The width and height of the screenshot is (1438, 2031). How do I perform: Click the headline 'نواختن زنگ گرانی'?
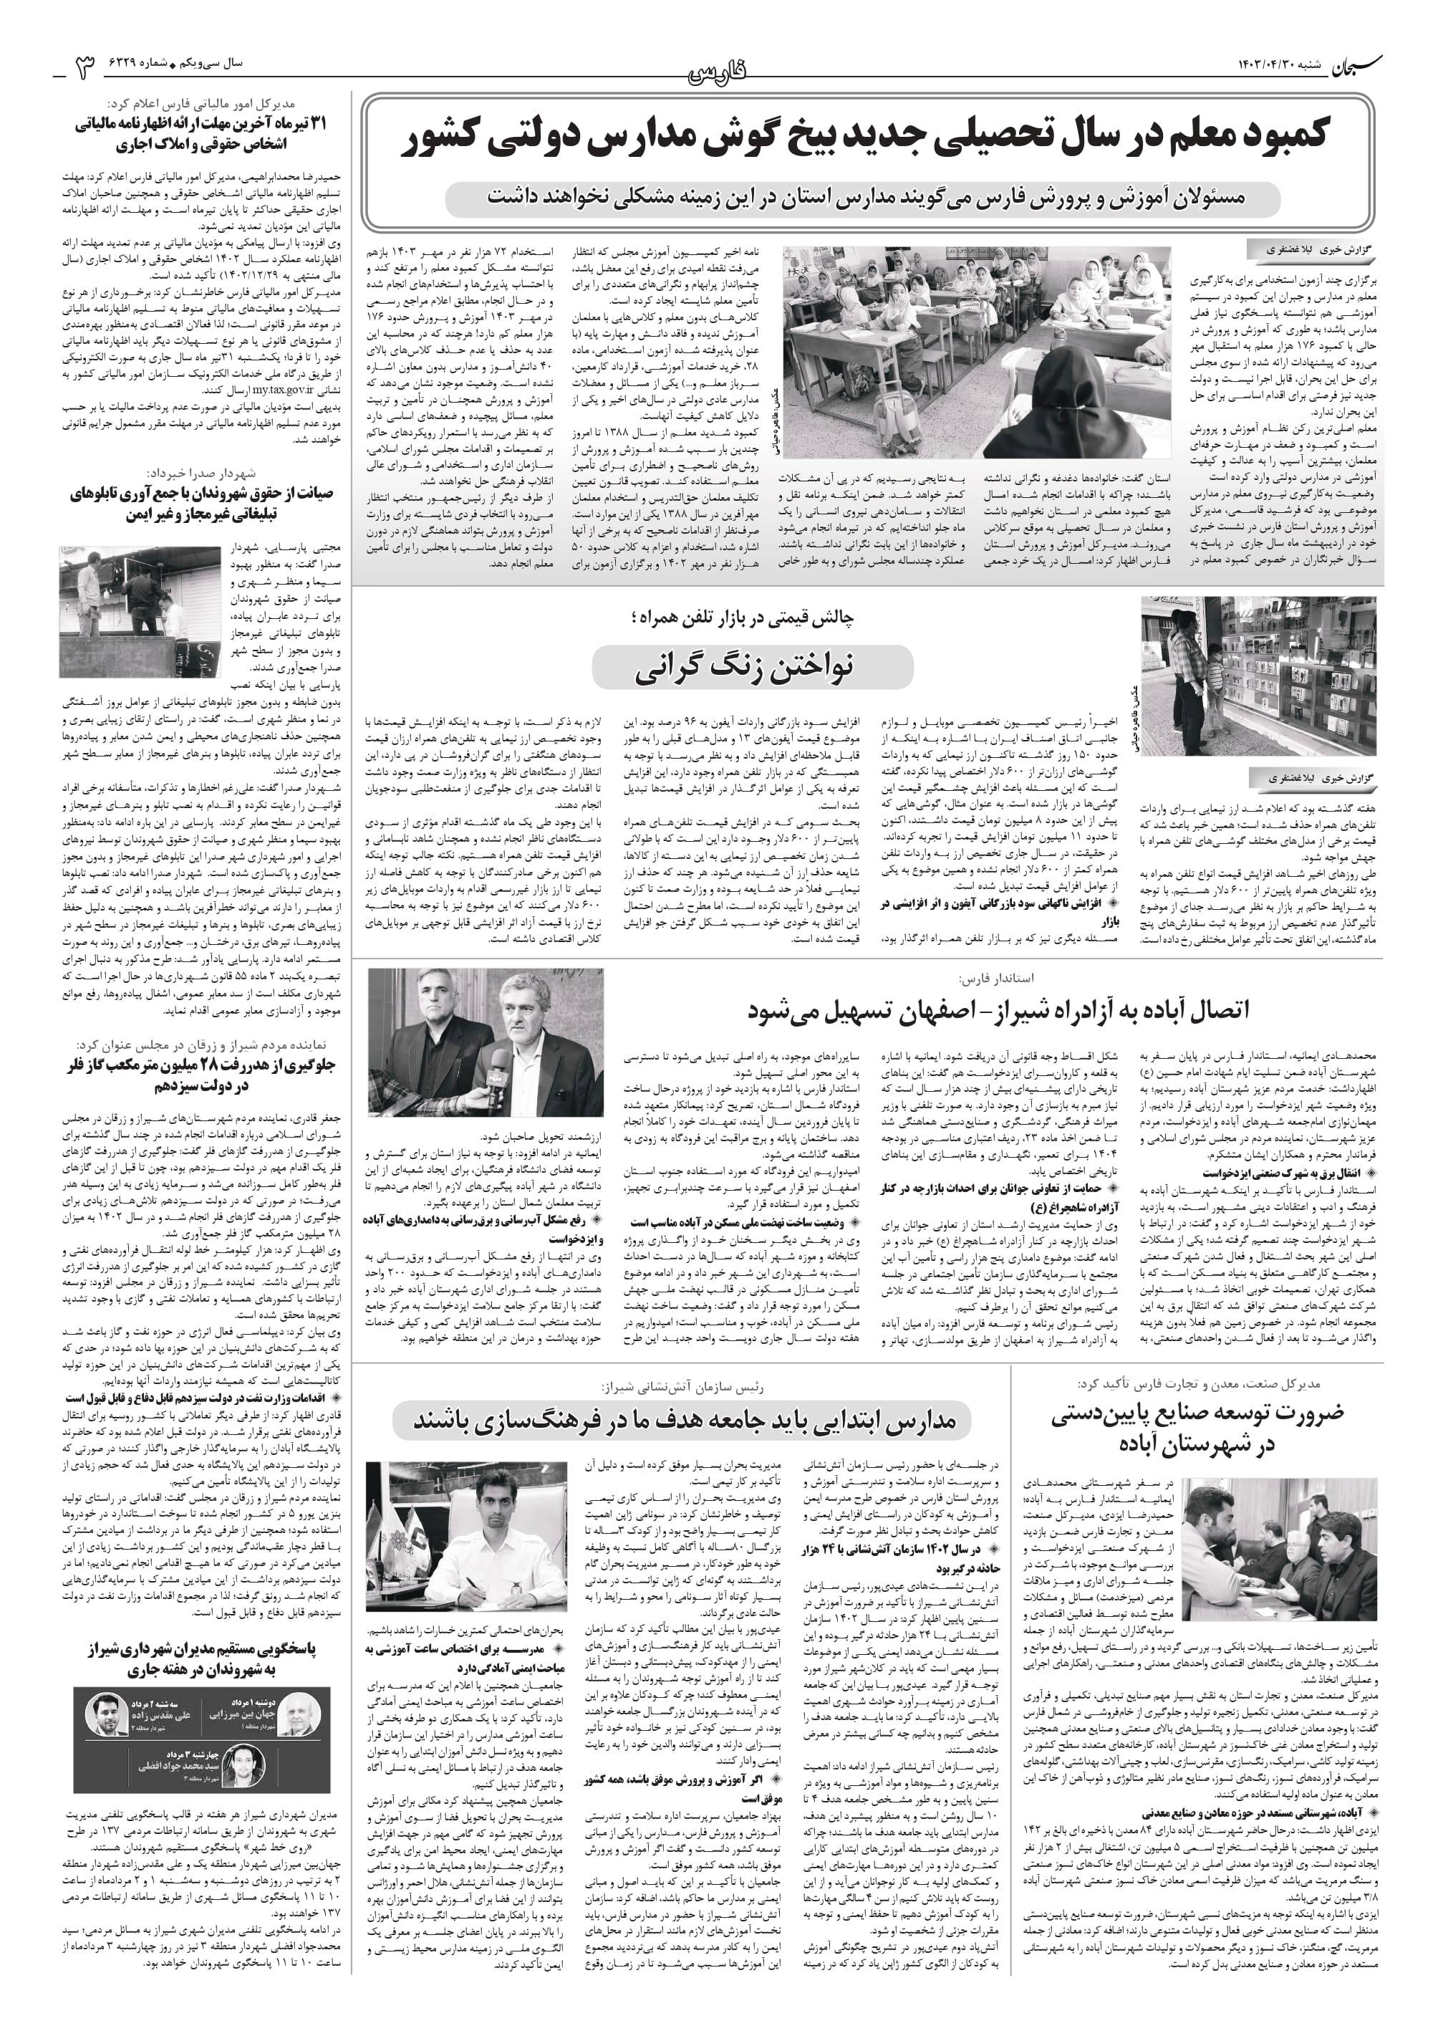tap(752, 667)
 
